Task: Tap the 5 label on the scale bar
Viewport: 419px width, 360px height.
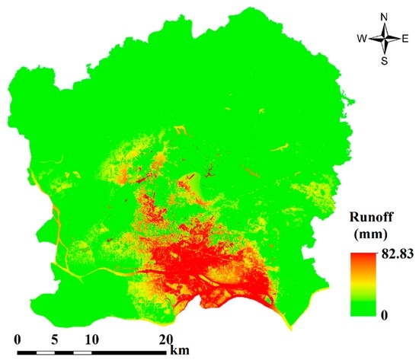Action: pyautogui.click(x=54, y=339)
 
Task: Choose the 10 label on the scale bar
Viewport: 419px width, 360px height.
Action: pyautogui.click(x=91, y=339)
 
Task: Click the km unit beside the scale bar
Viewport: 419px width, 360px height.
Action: pyautogui.click(x=181, y=350)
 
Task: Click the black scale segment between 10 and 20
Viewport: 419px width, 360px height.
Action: pyautogui.click(x=130, y=352)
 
